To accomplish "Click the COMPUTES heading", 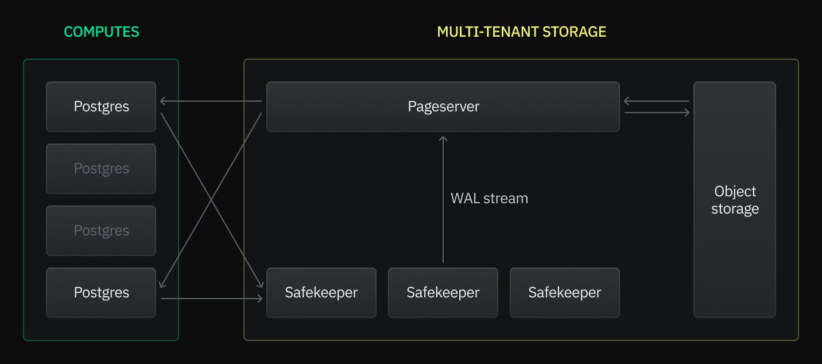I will click(101, 32).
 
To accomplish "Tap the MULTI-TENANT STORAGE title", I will click(521, 32).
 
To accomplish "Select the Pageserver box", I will click(443, 106).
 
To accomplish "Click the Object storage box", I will click(734, 199).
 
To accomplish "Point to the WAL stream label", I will click(489, 199).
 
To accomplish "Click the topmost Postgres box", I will click(101, 106).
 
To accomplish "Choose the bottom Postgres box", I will click(101, 292).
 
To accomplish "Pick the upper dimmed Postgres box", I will click(101, 168).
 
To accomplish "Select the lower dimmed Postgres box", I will click(101, 230).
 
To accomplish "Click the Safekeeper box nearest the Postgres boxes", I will click(321, 292).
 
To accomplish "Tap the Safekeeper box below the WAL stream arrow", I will click(443, 292).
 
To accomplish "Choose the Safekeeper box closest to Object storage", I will click(564, 292).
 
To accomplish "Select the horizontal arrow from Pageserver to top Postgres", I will click(211, 101).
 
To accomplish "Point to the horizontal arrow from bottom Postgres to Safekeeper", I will click(211, 299).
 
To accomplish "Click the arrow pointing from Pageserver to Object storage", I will click(657, 113).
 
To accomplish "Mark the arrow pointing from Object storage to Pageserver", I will click(657, 101).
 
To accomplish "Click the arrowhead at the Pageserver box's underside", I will click(443, 138).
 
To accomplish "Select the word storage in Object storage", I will click(735, 208).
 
